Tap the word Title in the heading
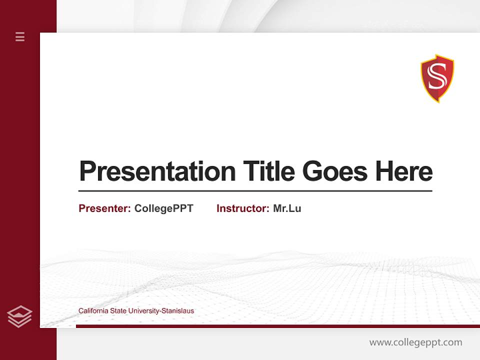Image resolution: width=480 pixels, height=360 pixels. [269, 171]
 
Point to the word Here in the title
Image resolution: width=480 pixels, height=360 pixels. [404, 171]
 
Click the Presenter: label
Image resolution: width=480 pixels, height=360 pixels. [104, 208]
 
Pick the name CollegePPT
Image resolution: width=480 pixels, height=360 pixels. [163, 208]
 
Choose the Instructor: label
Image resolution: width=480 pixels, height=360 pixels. [242, 208]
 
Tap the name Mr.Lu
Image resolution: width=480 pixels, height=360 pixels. [287, 208]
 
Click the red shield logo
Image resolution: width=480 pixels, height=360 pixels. [437, 78]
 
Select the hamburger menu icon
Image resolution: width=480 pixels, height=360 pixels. [20, 36]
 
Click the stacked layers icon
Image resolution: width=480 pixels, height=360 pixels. [19, 316]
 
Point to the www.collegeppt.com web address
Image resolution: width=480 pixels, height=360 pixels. [415, 342]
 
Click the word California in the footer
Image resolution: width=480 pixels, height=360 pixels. [93, 311]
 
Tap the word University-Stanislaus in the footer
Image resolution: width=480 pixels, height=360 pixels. [161, 311]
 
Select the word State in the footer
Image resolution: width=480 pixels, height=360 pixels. [118, 311]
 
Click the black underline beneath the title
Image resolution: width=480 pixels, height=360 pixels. [255, 191]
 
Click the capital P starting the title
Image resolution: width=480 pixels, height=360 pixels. [87, 171]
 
